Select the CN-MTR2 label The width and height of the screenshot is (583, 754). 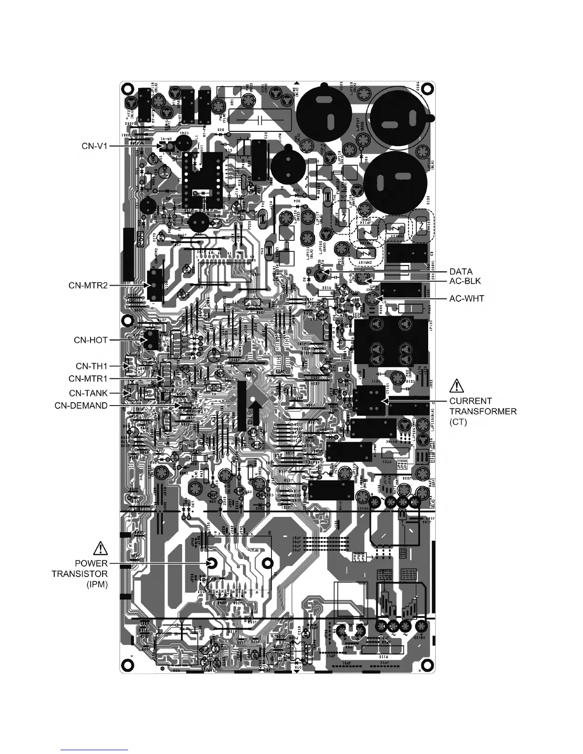click(88, 286)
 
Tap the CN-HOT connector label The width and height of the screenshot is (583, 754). click(90, 340)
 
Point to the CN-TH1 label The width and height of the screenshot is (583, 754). click(92, 366)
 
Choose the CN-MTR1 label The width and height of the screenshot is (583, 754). click(88, 379)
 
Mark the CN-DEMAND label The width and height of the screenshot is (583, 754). click(81, 406)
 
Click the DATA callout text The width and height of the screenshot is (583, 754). click(461, 272)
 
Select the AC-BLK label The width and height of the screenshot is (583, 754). click(465, 281)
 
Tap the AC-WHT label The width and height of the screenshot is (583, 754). click(467, 298)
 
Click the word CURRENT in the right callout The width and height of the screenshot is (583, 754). click(471, 401)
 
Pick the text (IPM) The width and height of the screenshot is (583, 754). click(97, 585)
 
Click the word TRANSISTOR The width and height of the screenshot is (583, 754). click(80, 574)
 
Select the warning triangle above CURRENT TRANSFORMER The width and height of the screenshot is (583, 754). click(456, 385)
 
